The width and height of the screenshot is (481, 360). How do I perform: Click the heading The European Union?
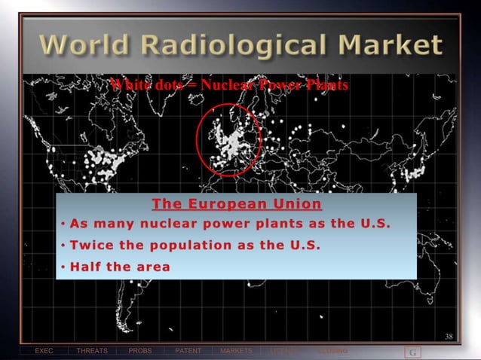(236, 204)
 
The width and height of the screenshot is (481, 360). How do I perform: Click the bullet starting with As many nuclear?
(231, 224)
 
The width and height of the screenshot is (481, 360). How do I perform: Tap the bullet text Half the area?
(120, 266)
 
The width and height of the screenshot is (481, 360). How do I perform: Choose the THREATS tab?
(91, 352)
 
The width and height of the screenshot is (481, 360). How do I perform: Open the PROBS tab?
(139, 352)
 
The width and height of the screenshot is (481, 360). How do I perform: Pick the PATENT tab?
(188, 352)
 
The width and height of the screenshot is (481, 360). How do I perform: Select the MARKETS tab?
(236, 352)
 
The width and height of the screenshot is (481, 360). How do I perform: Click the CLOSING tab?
(332, 352)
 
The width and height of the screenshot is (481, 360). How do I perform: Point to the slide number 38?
(449, 336)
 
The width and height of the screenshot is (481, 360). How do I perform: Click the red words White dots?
(139, 85)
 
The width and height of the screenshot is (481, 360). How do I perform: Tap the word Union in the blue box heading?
(296, 204)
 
